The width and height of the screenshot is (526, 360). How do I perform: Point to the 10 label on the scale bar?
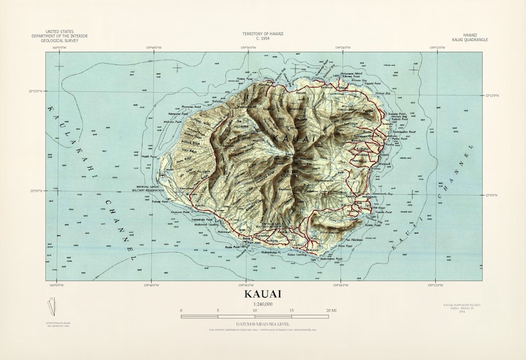coord(255,310)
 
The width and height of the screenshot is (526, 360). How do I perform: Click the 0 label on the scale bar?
coord(181,310)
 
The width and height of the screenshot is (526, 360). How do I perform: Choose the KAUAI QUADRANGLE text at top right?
coord(470,40)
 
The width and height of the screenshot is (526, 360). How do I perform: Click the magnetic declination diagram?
coord(53,306)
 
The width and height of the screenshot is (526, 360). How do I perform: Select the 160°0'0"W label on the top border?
coord(58,48)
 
